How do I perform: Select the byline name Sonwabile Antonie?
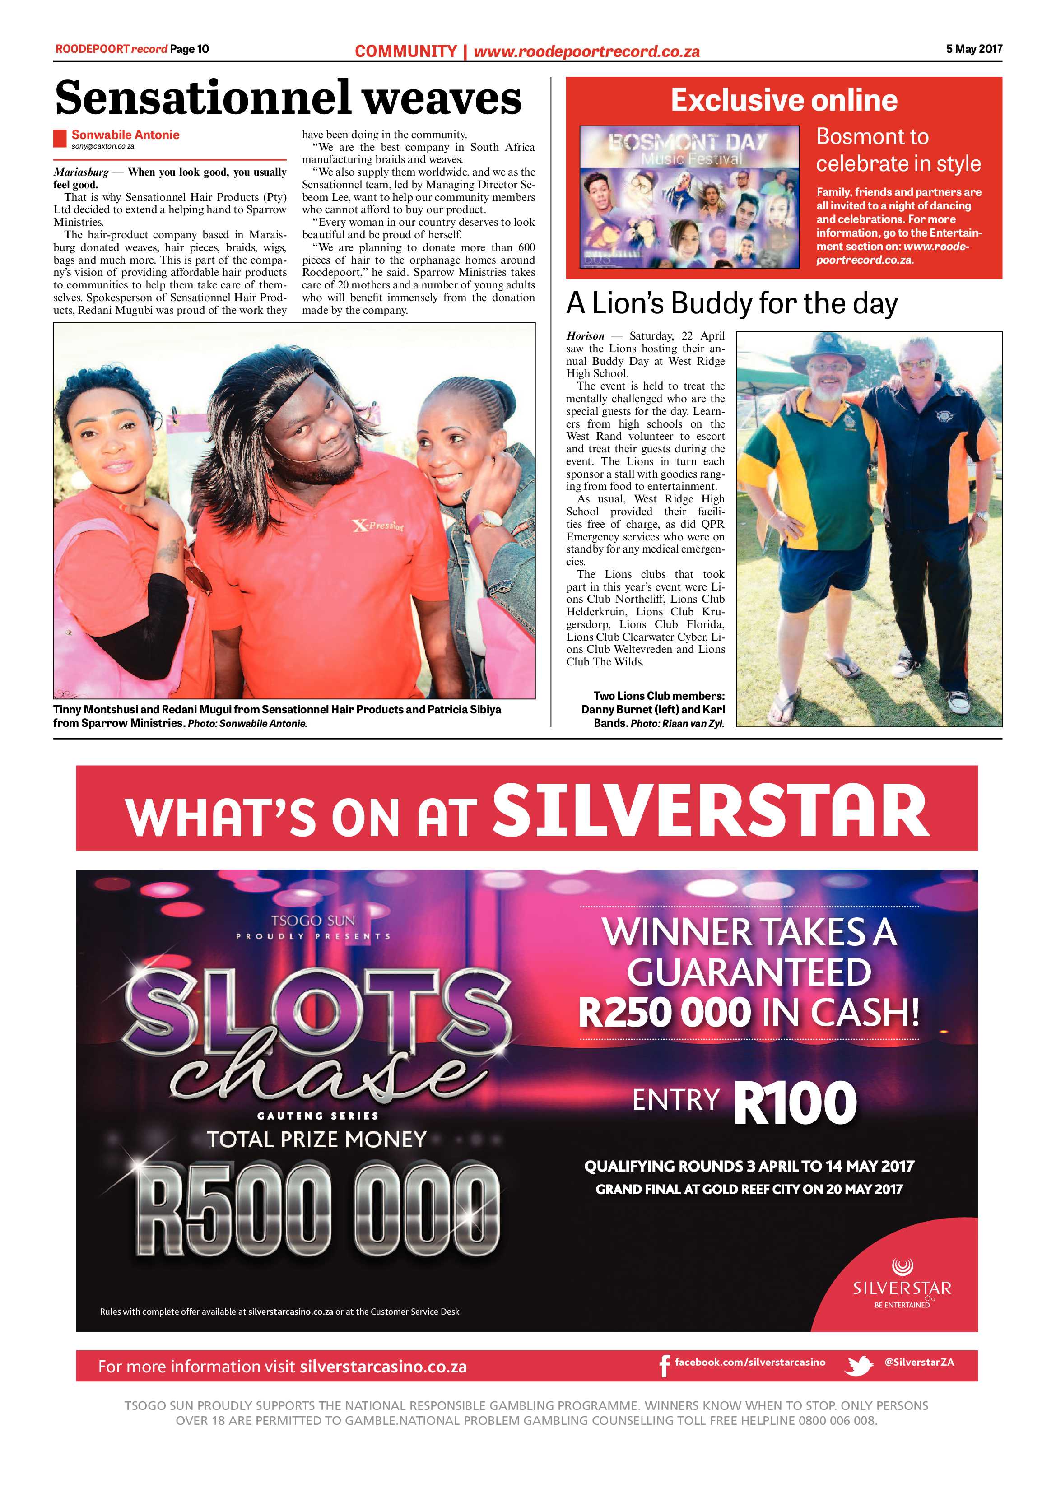point(125,135)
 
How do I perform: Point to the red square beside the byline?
point(60,138)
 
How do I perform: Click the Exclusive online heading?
point(784,100)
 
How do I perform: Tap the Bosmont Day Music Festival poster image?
point(689,196)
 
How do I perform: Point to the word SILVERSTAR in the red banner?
point(711,810)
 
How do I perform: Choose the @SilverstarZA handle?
point(919,1362)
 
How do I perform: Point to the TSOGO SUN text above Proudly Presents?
point(313,921)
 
